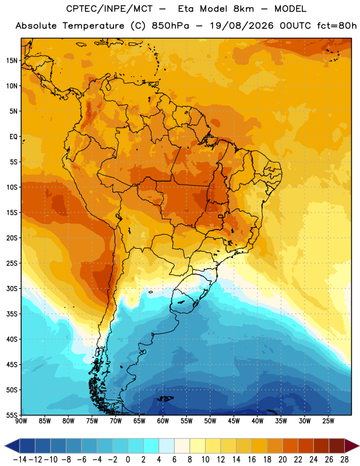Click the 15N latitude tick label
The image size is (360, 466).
tap(12, 61)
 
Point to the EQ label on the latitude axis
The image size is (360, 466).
tap(13, 137)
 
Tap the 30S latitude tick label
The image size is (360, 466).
tap(12, 288)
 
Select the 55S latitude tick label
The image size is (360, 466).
tap(12, 415)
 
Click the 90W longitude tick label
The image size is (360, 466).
tap(22, 421)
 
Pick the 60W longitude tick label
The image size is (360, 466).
tap(163, 421)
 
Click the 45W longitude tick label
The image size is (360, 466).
tap(234, 421)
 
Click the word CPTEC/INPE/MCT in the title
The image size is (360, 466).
tap(109, 9)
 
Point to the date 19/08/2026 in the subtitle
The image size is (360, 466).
tap(242, 26)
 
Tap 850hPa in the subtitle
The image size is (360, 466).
tap(170, 26)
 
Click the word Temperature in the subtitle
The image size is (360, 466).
tap(93, 26)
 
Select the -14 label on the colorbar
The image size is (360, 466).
tap(20, 460)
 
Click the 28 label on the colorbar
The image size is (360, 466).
tap(344, 460)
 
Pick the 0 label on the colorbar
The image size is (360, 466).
tap(128, 460)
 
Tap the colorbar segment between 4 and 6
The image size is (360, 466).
tap(167, 446)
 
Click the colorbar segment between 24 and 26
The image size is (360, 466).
tap(322, 446)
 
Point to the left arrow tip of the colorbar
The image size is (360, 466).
tap(5, 446)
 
